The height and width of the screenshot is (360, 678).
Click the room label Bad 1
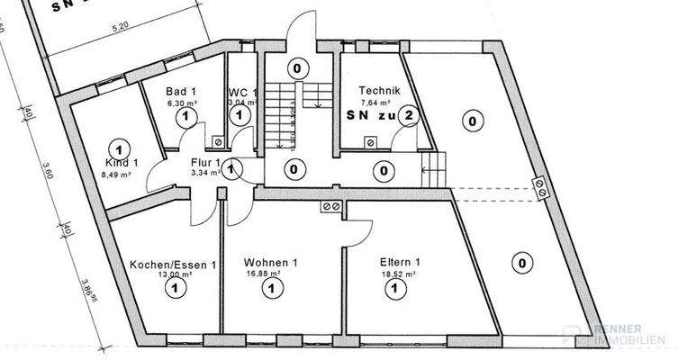[x=181, y=91]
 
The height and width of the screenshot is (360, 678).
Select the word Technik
[x=378, y=90]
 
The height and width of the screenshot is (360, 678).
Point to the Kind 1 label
[x=122, y=163]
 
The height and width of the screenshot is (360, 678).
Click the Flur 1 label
[x=204, y=163]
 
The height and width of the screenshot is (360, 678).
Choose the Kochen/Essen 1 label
[x=174, y=265]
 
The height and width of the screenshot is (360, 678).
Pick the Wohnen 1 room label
[x=270, y=264]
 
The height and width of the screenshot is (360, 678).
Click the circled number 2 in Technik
[x=410, y=115]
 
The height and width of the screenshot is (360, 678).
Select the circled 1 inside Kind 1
[x=115, y=147]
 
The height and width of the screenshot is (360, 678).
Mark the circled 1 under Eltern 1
[x=393, y=288]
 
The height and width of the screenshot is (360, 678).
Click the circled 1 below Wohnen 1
[x=268, y=288]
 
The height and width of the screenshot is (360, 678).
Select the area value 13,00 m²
[x=174, y=274]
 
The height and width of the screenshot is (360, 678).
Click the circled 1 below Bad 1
[x=185, y=116]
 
